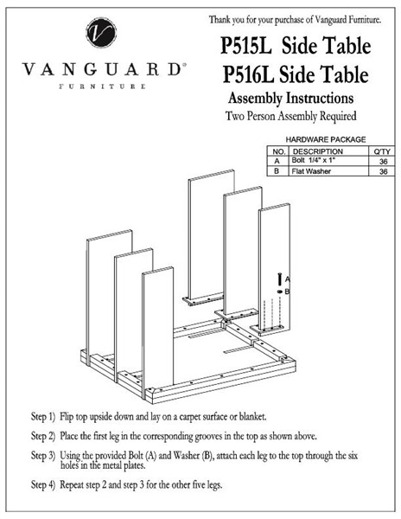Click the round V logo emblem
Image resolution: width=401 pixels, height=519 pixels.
tap(101, 33)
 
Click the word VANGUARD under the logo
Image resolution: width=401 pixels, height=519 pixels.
tap(102, 69)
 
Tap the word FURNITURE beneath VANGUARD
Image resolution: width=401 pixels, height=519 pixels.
tap(102, 86)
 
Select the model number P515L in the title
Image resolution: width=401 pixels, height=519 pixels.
tap(245, 45)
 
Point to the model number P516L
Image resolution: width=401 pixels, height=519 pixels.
tap(248, 74)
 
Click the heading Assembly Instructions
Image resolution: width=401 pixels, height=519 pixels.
tap(290, 98)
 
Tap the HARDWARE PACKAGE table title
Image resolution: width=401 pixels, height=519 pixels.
tap(326, 139)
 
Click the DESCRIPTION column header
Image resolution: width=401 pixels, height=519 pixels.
tap(318, 151)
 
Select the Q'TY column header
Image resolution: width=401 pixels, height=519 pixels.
tap(383, 151)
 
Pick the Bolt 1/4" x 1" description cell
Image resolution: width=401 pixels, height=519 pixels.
tap(314, 160)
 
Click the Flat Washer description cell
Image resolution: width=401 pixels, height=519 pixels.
tap(311, 171)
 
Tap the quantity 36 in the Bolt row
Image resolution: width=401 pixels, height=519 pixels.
tap(383, 162)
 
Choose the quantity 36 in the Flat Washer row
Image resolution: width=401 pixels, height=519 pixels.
tap(383, 171)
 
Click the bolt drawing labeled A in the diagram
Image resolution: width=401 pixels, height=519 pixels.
tap(280, 279)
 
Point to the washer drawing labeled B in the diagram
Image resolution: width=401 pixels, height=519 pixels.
tap(280, 292)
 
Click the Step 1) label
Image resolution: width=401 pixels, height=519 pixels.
tap(43, 417)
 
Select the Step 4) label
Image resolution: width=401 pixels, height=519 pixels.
tap(43, 485)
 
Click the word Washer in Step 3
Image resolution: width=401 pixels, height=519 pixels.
tap(185, 456)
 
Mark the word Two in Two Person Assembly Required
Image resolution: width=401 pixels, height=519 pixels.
tap(235, 116)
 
